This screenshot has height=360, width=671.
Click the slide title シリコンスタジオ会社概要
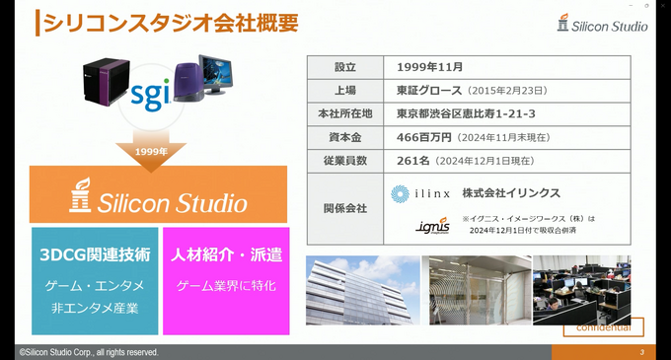coord(168,24)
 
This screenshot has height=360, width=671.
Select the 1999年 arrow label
coord(150,152)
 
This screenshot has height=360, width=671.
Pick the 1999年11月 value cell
coord(430,68)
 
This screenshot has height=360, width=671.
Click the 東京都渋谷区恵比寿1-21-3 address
coord(466,113)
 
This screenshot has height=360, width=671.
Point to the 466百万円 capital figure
coord(426,137)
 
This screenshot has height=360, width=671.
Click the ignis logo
coord(432,229)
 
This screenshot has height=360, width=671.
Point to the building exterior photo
coord(361,290)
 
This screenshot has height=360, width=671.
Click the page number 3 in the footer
coord(642,352)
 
